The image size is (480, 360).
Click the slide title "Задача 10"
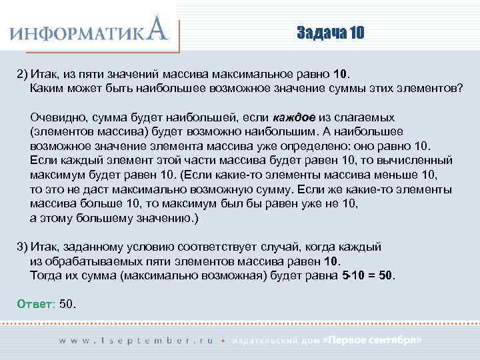click(331, 33)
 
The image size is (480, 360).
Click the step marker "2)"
click(22, 73)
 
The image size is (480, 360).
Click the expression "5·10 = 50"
click(367, 275)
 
